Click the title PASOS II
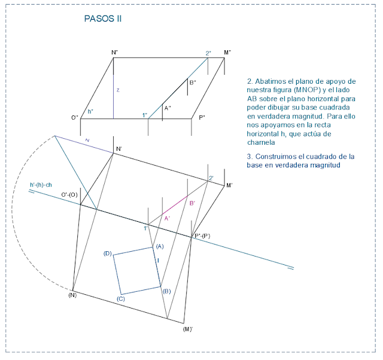pos(103,19)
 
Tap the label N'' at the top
pos(114,53)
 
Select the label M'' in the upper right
pos(227,53)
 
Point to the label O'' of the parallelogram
pos(75,118)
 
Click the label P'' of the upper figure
pos(202,118)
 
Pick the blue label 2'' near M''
pos(208,53)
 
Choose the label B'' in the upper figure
pos(193,83)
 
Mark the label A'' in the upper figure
pos(168,108)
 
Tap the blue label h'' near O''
pos(90,112)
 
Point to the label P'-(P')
pos(202,236)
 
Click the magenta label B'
pos(192,204)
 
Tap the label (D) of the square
pos(108,254)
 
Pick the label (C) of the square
pos(121,298)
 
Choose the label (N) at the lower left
pos(72,295)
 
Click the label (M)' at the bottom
pos(187,329)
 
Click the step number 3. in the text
pos(249,156)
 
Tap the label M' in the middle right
pos(229,186)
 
